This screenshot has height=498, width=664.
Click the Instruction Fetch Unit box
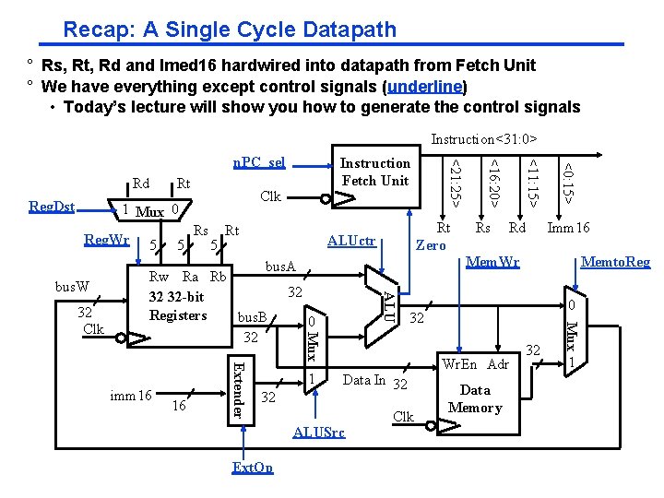click(375, 172)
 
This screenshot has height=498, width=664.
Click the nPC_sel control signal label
click(258, 162)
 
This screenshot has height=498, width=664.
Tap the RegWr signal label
click(107, 241)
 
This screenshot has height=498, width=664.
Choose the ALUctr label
click(352, 241)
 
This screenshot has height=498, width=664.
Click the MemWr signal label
click(494, 262)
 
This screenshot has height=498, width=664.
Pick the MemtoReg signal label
click(615, 262)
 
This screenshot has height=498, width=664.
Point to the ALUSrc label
click(319, 432)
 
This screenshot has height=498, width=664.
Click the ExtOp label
click(253, 468)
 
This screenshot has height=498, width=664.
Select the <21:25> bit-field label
click(454, 181)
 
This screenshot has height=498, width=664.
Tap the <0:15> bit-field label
click(570, 181)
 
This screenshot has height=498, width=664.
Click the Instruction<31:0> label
click(483, 139)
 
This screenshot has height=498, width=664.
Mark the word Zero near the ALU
click(432, 245)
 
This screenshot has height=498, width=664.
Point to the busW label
click(70, 287)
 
